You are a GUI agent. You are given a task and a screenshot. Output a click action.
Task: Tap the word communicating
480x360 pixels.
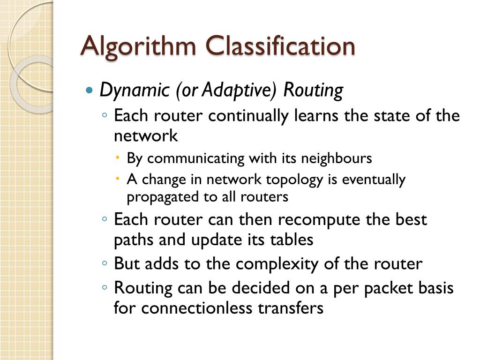pyautogui.click(x=195, y=158)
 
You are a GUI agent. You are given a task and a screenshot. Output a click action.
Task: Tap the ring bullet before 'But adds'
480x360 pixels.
pyautogui.click(x=105, y=264)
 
